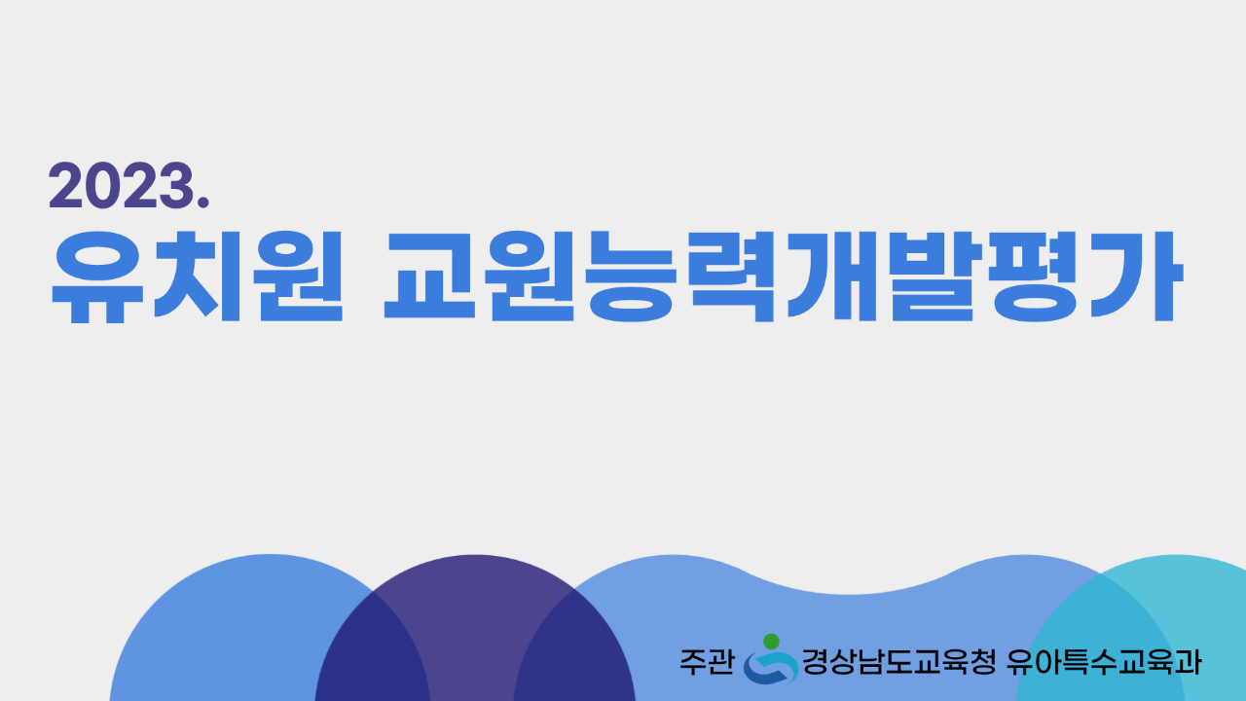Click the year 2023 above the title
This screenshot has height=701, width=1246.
point(121,185)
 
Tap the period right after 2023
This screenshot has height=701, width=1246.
point(203,203)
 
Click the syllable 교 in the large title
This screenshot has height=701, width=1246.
point(429,276)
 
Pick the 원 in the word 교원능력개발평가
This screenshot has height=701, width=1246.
point(531,277)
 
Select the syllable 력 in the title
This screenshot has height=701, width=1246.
point(730,277)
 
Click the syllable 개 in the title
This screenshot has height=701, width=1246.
point(832,277)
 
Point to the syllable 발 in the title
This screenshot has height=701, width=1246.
point(933,277)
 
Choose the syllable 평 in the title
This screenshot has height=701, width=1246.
point(1035,277)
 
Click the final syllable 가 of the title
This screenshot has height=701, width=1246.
point(1137,277)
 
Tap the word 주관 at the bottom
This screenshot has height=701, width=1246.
point(707,662)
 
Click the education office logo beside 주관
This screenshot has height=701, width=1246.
point(770,659)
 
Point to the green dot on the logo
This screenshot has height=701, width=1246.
point(771,641)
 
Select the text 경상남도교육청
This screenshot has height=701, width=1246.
point(898,662)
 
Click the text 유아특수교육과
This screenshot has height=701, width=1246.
point(1104,662)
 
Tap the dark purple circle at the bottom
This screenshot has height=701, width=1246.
point(476,629)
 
